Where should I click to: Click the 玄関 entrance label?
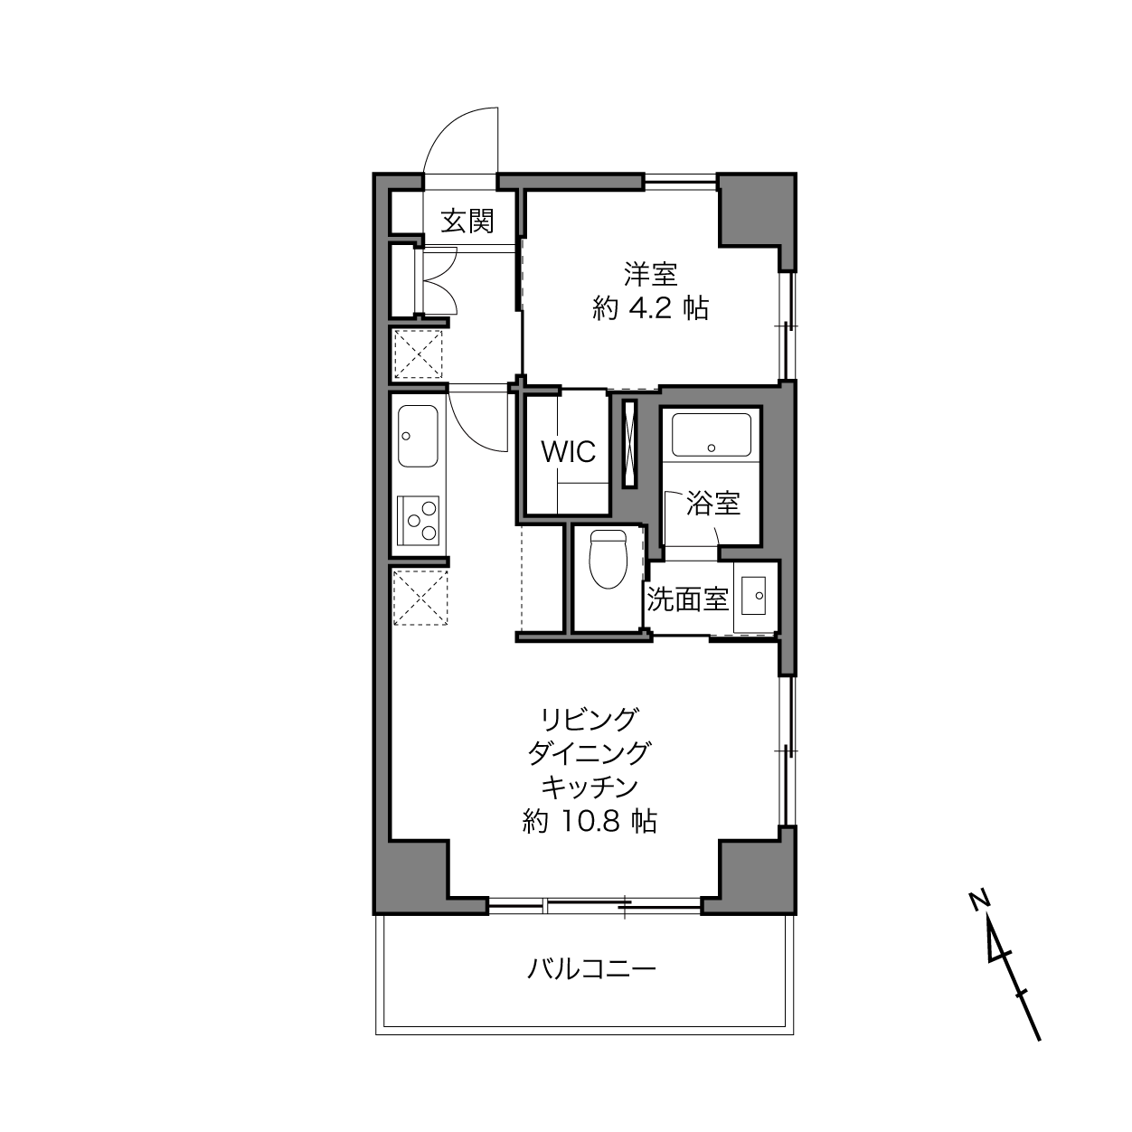pyautogui.click(x=467, y=221)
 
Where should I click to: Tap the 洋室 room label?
pyautogui.click(x=650, y=274)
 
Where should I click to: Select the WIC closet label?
pyautogui.click(x=568, y=452)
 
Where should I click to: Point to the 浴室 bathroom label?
pyautogui.click(x=712, y=503)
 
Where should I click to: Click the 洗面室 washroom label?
pyautogui.click(x=687, y=599)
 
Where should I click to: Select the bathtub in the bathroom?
pyautogui.click(x=712, y=434)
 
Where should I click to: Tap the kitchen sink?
pyautogui.click(x=418, y=437)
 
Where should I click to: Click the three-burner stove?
pyautogui.click(x=418, y=519)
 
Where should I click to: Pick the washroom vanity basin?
pyautogui.click(x=752, y=595)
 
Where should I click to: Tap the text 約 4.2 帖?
pyautogui.click(x=651, y=307)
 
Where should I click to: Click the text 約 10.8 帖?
pyautogui.click(x=590, y=821)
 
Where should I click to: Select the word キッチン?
pyautogui.click(x=590, y=788)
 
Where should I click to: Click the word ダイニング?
pyautogui.click(x=590, y=753)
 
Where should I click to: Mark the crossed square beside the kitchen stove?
pyautogui.click(x=420, y=598)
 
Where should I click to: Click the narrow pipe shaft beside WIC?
pyautogui.click(x=629, y=444)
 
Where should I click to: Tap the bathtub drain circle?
pyautogui.click(x=712, y=448)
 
